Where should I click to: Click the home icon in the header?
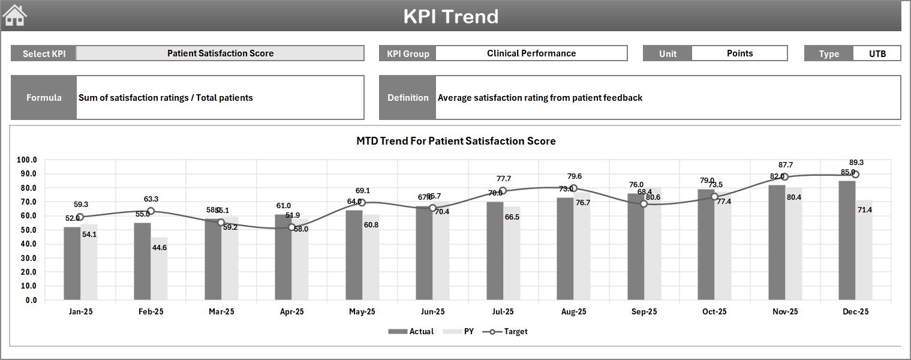[15, 16]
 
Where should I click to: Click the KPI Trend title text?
[450, 16]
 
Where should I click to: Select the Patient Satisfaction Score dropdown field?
[220, 53]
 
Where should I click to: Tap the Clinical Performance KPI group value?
[531, 53]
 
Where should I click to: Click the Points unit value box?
[739, 53]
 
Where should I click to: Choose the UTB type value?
[877, 53]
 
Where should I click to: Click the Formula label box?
[44, 98]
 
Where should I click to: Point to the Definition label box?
[408, 98]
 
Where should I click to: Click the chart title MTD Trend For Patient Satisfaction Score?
[456, 141]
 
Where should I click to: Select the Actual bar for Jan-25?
[72, 263]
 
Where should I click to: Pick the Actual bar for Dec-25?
[847, 240]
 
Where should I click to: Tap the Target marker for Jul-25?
[503, 191]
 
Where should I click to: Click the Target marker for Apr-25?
[291, 227]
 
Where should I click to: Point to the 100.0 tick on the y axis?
[27, 160]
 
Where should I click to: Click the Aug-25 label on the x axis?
[573, 312]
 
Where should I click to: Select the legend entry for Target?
[507, 331]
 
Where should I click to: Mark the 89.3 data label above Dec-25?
[856, 163]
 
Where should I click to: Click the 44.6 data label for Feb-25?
[160, 248]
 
